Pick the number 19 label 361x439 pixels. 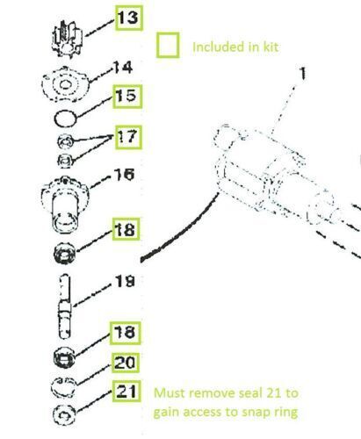123,283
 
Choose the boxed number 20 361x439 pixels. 124,363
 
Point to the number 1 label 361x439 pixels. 303,74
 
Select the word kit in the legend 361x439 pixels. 270,47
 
